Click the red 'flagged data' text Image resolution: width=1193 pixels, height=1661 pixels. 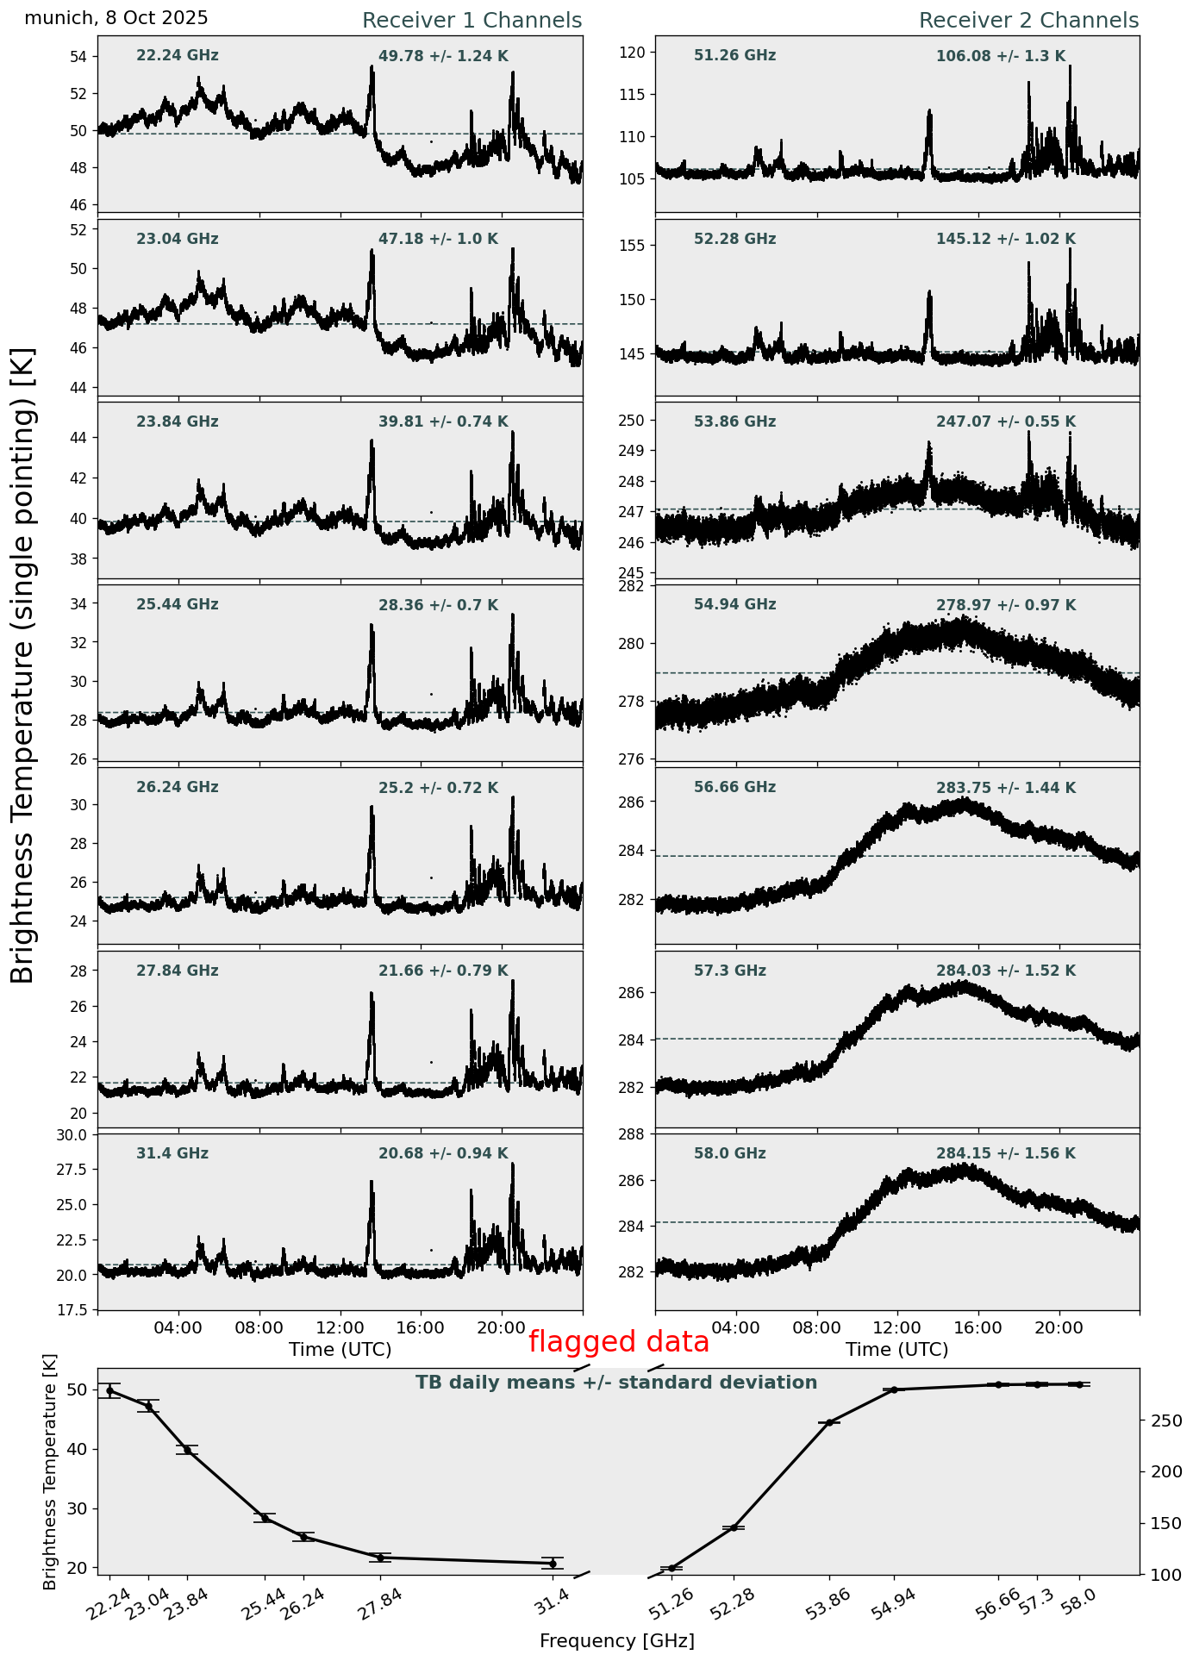(618, 1342)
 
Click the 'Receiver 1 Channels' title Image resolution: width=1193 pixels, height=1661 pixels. (472, 21)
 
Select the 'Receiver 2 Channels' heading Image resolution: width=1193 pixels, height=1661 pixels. (1028, 21)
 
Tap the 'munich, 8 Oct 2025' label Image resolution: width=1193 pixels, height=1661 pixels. (116, 18)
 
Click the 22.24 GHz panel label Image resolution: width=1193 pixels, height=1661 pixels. (178, 56)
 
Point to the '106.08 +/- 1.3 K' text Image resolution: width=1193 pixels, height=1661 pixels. (1001, 57)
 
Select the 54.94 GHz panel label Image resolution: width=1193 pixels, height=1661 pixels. (734, 605)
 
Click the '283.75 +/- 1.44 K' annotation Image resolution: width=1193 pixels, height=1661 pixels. (1006, 788)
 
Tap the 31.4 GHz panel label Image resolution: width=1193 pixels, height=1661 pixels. (172, 1153)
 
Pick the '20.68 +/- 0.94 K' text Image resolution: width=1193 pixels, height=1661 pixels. (443, 1153)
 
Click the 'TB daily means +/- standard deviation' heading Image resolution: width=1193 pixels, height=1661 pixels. (616, 1383)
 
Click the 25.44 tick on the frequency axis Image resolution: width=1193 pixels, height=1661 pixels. (265, 1605)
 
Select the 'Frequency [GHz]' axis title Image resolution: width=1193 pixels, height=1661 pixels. (616, 1641)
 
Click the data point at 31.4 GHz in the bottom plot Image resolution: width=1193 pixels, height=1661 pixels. (553, 1563)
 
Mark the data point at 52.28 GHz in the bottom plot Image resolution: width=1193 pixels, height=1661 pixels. (734, 1527)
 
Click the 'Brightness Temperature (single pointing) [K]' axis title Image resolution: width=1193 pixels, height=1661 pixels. (23, 665)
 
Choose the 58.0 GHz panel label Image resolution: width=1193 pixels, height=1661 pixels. (729, 1153)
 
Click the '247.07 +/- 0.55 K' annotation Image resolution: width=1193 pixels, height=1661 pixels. (1006, 422)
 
